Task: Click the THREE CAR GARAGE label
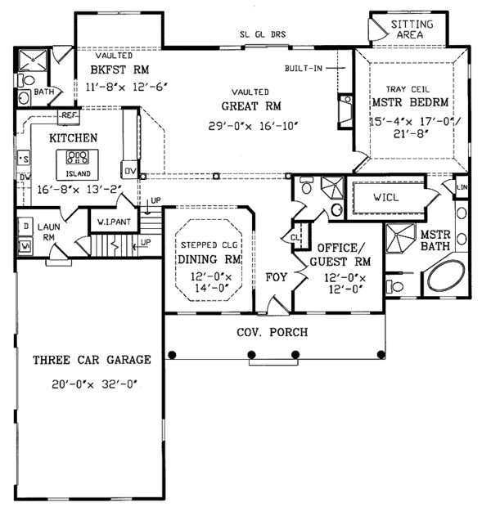coord(92,360)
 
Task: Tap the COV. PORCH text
coord(273,332)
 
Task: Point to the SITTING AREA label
coord(412,30)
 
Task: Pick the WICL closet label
coord(385,197)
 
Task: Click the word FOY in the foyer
coord(277,277)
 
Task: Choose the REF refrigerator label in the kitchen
coord(68,117)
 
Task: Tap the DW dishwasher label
coord(25,177)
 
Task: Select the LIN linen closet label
coord(461,187)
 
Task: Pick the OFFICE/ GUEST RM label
coord(339,254)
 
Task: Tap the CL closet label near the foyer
coord(294,237)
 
